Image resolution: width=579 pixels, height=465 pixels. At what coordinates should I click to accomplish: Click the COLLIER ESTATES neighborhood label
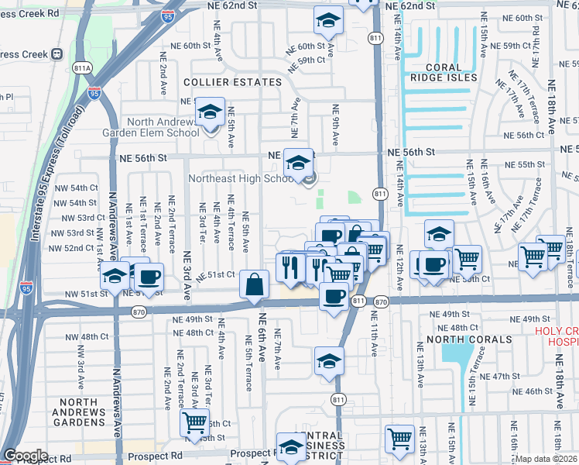point(232,81)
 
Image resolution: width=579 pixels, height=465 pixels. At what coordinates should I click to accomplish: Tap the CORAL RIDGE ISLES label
point(444,73)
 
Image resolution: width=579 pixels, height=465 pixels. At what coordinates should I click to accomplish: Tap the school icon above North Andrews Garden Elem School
point(209,113)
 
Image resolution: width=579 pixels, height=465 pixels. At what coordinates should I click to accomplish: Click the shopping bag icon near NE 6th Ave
point(255,286)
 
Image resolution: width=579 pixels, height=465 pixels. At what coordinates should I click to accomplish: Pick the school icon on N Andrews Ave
point(115,276)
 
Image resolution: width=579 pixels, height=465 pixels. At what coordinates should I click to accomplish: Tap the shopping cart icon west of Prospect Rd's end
point(194,423)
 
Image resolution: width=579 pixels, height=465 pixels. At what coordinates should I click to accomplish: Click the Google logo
point(26,456)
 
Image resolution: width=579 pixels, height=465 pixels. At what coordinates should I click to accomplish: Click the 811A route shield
point(83,67)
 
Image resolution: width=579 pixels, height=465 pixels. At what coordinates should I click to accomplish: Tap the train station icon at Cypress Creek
point(57,54)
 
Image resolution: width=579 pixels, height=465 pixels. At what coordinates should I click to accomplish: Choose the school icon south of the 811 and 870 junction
point(329,361)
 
